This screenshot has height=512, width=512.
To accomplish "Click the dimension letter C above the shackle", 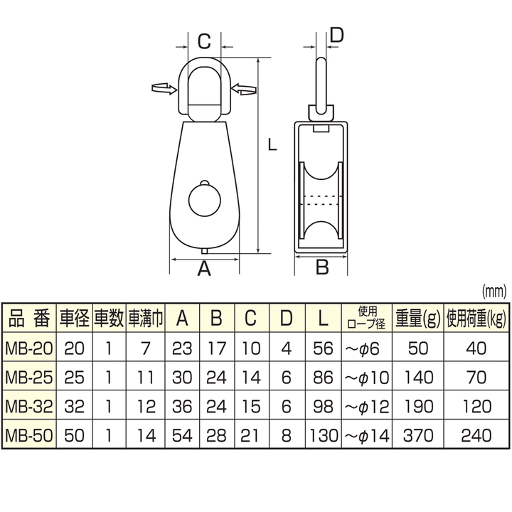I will [x=203, y=40].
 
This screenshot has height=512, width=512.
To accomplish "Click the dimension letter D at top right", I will [x=338, y=33].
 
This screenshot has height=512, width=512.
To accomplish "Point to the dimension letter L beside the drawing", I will [x=271, y=144].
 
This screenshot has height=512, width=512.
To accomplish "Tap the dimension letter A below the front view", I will [x=204, y=269].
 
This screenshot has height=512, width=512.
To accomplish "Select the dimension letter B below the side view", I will [x=321, y=267].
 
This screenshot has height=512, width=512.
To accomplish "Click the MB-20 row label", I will [x=28, y=348].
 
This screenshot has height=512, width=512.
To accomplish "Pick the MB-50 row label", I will [x=28, y=433].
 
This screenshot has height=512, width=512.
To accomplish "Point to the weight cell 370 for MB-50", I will [x=418, y=433].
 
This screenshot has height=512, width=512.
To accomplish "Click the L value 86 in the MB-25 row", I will [x=324, y=376].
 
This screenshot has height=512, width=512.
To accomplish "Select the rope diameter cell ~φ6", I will [x=368, y=348].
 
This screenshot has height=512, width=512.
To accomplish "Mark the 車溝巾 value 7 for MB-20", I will [x=145, y=348].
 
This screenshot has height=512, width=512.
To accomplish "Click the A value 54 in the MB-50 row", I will [x=182, y=433].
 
